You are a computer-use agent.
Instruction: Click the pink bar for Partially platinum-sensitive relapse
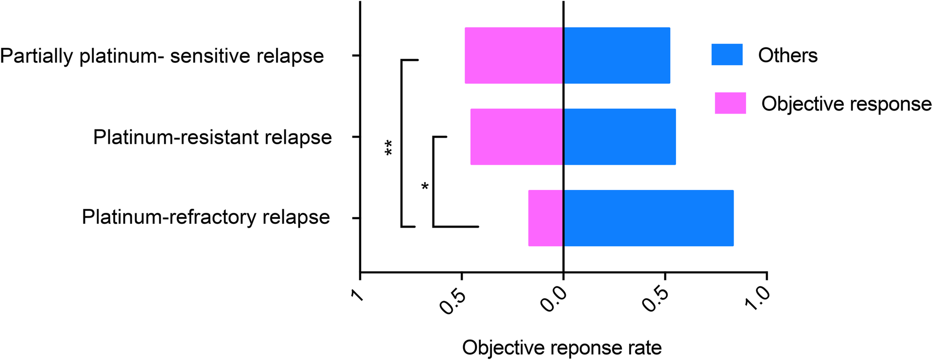pyautogui.click(x=513, y=56)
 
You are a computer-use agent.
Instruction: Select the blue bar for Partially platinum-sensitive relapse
pyautogui.click(x=617, y=56)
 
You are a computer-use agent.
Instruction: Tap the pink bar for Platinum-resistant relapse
pyautogui.click(x=516, y=137)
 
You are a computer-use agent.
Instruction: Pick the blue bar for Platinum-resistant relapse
pyautogui.click(x=619, y=137)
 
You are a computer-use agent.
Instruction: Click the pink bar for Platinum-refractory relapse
pyautogui.click(x=546, y=218)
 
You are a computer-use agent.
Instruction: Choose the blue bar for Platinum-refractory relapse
pyautogui.click(x=648, y=218)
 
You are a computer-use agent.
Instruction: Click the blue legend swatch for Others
pyautogui.click(x=727, y=55)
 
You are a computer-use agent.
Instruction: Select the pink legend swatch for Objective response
pyautogui.click(x=730, y=103)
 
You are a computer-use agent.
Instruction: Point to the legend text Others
pyautogui.click(x=788, y=56)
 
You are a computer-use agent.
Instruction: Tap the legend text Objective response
pyautogui.click(x=846, y=104)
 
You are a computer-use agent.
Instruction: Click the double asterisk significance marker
pyautogui.click(x=388, y=148)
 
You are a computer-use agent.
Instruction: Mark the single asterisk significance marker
pyautogui.click(x=425, y=187)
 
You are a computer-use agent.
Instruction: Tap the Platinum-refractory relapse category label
pyautogui.click(x=206, y=217)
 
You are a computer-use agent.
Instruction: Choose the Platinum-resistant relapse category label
pyautogui.click(x=212, y=138)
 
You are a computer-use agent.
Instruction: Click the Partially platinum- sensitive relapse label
pyautogui.click(x=162, y=56)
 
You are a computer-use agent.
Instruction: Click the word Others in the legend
pyautogui.click(x=788, y=56)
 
